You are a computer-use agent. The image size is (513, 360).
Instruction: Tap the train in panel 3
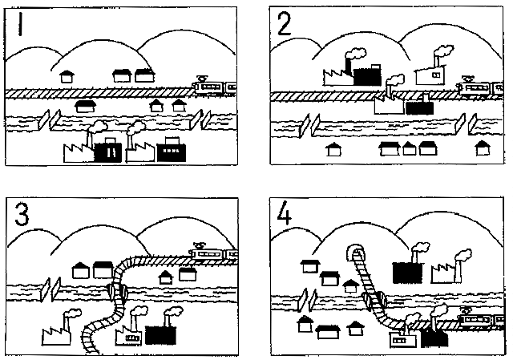(213, 253)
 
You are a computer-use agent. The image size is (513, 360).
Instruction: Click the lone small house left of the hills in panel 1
(68, 77)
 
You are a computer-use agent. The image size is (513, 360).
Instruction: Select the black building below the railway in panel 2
(418, 107)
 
